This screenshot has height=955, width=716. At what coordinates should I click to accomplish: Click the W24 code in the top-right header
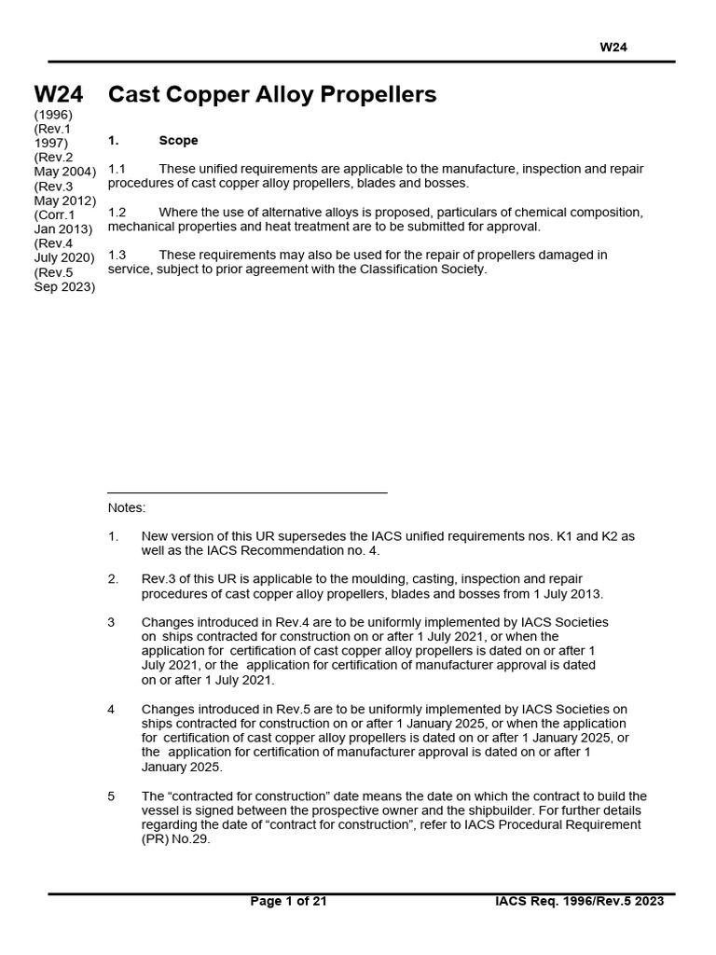613,48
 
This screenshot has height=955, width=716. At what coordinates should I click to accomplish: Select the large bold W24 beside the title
59,94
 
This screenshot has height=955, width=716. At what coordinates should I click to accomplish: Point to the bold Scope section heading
178,141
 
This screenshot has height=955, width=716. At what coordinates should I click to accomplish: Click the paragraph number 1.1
117,169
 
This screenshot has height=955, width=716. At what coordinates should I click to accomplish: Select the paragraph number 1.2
117,213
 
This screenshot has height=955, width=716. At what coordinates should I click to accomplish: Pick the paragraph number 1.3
117,255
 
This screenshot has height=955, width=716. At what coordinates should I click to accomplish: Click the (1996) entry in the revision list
52,114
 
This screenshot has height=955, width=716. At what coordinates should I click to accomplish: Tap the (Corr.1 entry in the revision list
55,215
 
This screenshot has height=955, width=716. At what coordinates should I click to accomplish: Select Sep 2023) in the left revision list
64,287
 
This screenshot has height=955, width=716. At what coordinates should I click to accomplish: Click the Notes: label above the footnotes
127,508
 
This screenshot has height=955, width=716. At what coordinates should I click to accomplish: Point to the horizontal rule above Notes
247,492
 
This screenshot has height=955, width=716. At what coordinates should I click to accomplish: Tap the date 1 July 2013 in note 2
565,594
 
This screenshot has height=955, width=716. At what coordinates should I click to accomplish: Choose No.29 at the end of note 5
193,839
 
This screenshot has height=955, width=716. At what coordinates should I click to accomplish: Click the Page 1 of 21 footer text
289,901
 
